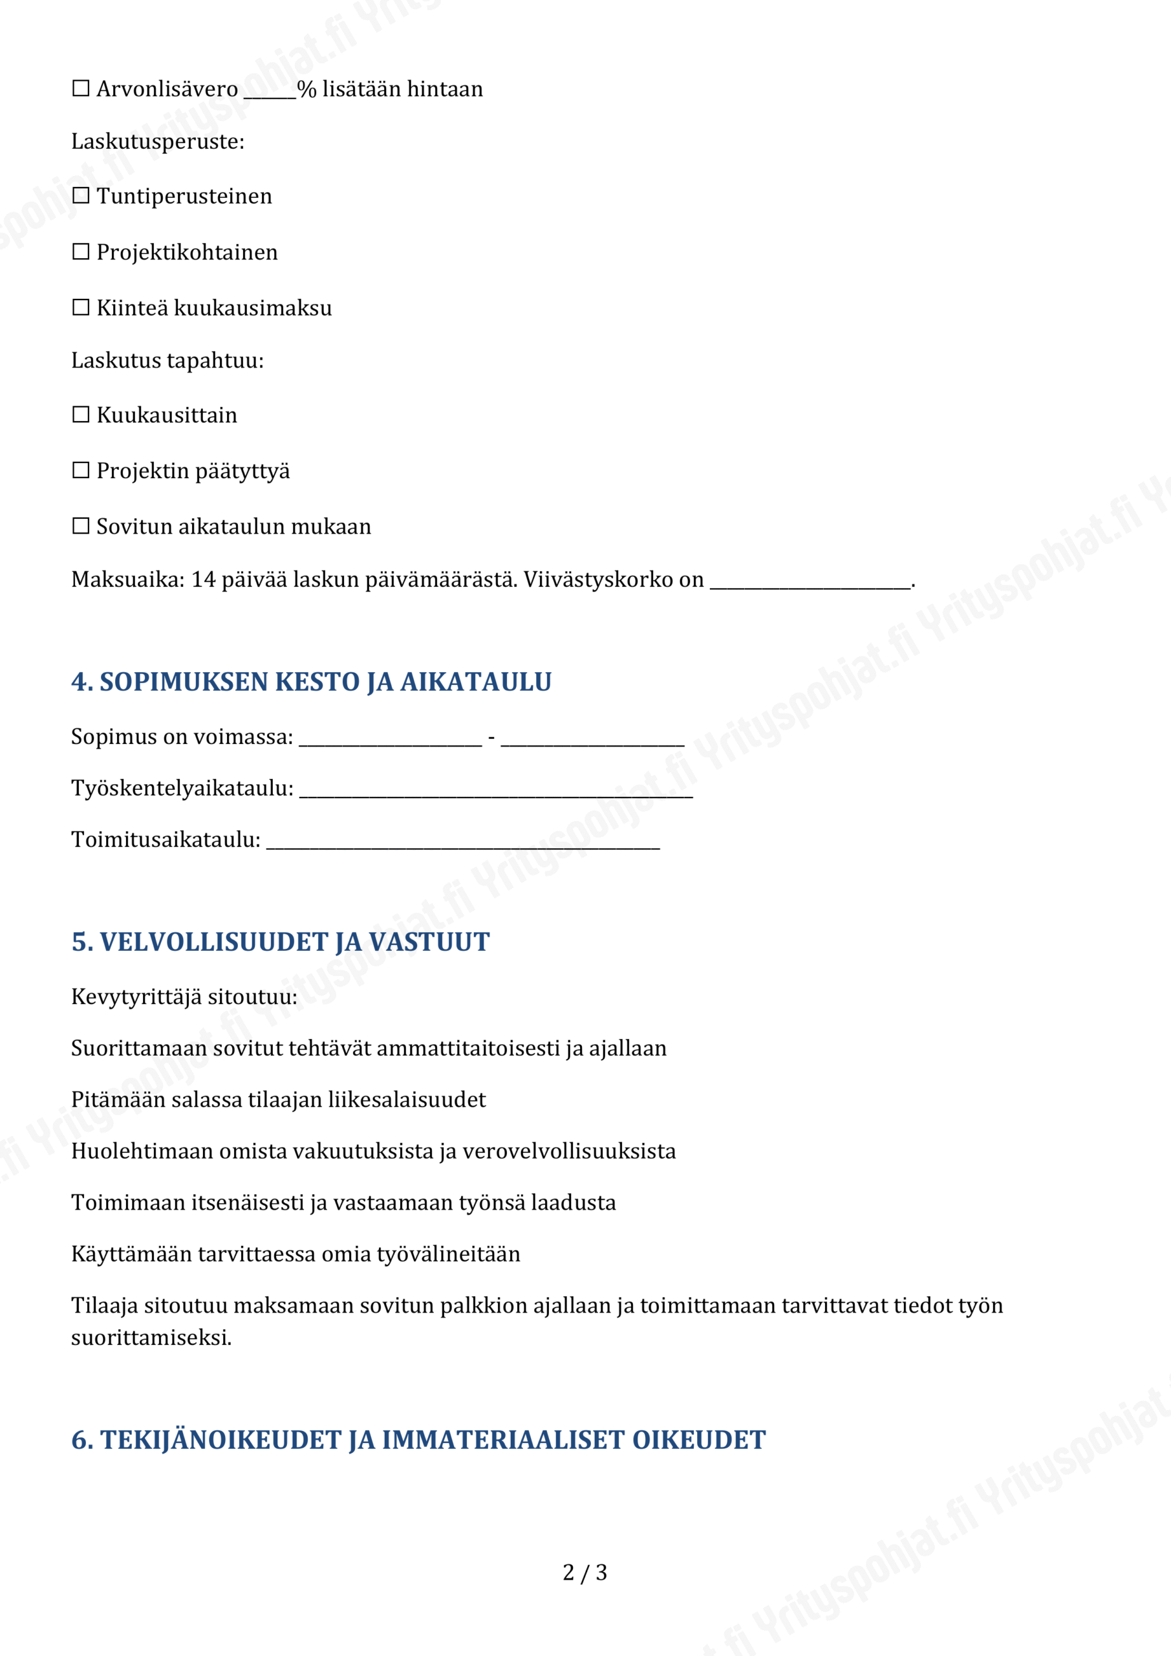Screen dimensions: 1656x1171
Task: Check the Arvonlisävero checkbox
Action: point(81,89)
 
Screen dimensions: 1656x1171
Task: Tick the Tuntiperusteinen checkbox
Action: point(81,195)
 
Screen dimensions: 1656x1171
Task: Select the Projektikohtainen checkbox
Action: point(81,252)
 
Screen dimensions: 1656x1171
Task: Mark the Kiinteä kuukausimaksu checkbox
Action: point(81,307)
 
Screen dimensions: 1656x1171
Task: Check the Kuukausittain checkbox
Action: point(81,415)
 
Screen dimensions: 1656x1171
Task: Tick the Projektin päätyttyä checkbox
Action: point(81,470)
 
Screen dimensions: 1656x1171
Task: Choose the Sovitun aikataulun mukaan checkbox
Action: point(81,526)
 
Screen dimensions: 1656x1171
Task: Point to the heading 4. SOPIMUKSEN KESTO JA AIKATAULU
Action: point(312,682)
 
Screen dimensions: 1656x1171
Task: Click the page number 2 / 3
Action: point(585,1573)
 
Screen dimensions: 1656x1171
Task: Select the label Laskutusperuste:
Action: point(158,142)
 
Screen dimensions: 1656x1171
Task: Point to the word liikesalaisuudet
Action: point(407,1099)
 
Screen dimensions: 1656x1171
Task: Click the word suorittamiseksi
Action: point(151,1338)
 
